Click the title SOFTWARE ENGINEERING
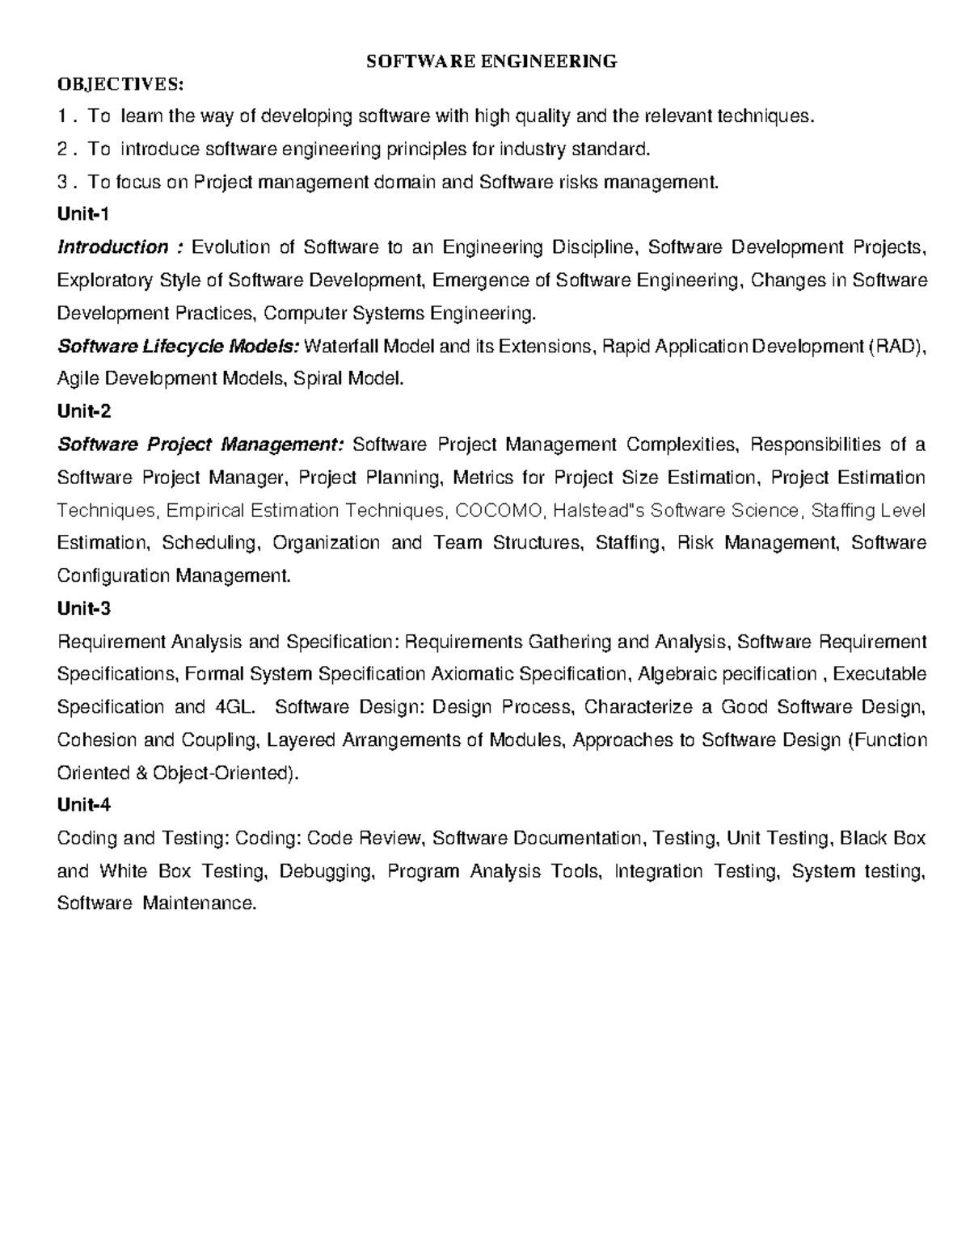(x=491, y=61)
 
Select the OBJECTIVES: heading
(x=120, y=84)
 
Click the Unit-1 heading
(x=83, y=214)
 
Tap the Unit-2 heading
(x=84, y=411)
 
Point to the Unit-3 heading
(x=84, y=609)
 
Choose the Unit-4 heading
(x=84, y=805)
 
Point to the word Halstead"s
(x=602, y=510)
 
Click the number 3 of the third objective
(x=64, y=183)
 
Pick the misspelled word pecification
(x=769, y=674)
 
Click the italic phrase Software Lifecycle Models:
(x=178, y=347)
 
